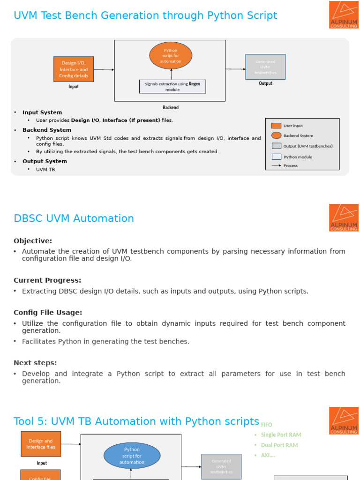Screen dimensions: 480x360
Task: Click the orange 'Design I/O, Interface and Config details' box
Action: (x=74, y=69)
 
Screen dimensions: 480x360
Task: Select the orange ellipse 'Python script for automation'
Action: (x=171, y=55)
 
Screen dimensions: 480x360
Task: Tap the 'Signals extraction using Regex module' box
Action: (x=172, y=87)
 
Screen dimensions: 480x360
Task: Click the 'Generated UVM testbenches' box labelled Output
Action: (x=265, y=67)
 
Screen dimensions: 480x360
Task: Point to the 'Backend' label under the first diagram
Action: (x=171, y=107)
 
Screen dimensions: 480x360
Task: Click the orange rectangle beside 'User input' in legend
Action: (x=277, y=126)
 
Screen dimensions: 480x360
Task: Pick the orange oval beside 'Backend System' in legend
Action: (x=277, y=135)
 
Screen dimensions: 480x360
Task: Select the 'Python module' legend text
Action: (x=298, y=157)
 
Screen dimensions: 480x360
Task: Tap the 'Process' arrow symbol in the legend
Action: (x=277, y=165)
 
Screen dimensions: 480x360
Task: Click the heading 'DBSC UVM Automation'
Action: (x=74, y=218)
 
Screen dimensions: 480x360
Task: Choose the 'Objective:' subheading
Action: (x=33, y=241)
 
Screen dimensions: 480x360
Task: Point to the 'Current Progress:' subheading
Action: (x=47, y=280)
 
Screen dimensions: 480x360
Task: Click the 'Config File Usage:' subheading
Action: (x=48, y=313)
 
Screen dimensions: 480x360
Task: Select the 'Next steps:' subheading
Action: (x=35, y=363)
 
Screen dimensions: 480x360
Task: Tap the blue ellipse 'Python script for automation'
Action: (x=132, y=456)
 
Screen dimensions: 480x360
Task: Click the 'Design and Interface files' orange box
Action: (x=41, y=444)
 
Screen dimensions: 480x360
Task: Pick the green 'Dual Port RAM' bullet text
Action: (x=279, y=445)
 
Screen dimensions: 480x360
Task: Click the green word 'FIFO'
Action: (x=266, y=425)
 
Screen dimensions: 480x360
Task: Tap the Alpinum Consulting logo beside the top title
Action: (x=344, y=15)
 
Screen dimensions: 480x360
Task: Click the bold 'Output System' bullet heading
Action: (x=45, y=161)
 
